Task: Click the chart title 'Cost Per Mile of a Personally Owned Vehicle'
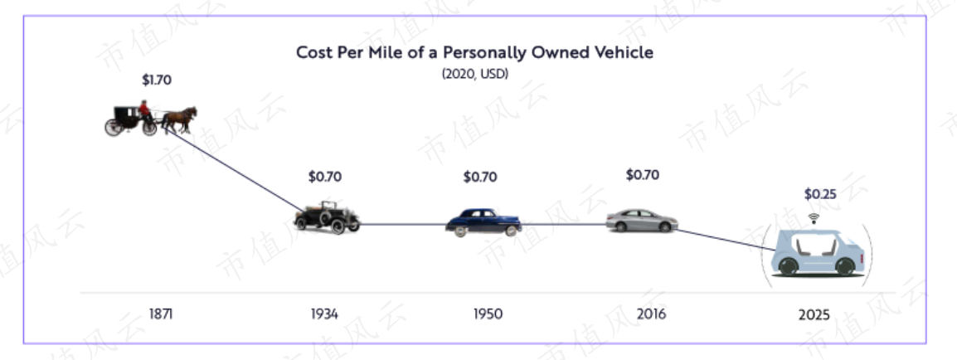pyautogui.click(x=474, y=52)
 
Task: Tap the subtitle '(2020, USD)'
pyautogui.click(x=475, y=74)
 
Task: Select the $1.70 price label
pyautogui.click(x=157, y=80)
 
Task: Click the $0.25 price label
pyautogui.click(x=820, y=195)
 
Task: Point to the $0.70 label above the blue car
pyautogui.click(x=480, y=178)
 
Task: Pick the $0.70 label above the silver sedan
pyautogui.click(x=643, y=175)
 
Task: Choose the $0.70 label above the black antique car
pyautogui.click(x=325, y=177)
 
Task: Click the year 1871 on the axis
pyautogui.click(x=161, y=314)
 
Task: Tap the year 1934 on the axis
pyautogui.click(x=324, y=314)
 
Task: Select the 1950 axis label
pyautogui.click(x=488, y=314)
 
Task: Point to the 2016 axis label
pyautogui.click(x=651, y=314)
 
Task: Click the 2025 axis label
pyautogui.click(x=814, y=315)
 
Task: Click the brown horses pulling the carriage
pyautogui.click(x=179, y=119)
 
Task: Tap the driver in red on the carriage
pyautogui.click(x=144, y=109)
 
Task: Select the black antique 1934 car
pyautogui.click(x=327, y=217)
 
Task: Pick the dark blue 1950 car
pyautogui.click(x=483, y=222)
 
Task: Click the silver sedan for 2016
pyautogui.click(x=642, y=221)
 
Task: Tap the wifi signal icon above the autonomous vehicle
pyautogui.click(x=814, y=218)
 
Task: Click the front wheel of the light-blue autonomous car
pyautogui.click(x=845, y=266)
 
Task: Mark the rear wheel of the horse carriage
pyautogui.click(x=114, y=127)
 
